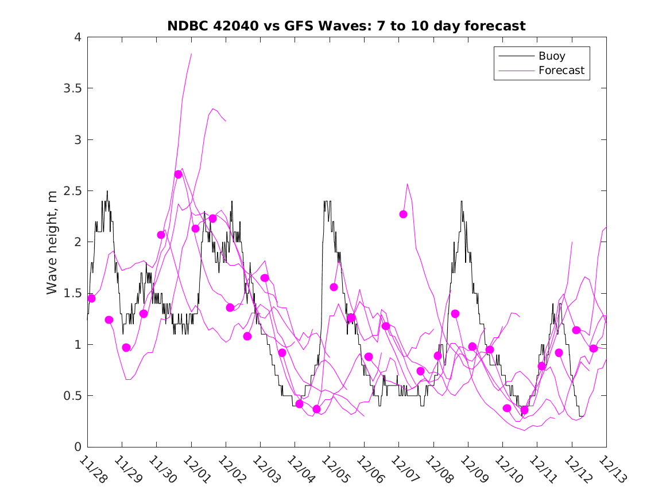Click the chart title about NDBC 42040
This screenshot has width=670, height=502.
coord(346,26)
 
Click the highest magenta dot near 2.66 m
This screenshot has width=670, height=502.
coord(178,174)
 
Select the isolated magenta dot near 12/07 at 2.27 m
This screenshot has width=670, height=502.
coord(403,214)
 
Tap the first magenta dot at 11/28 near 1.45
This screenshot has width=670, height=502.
coord(91,298)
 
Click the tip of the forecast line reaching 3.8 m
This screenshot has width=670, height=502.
coord(191,54)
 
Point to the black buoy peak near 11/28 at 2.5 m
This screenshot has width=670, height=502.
coord(107,192)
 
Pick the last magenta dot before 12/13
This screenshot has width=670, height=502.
coord(594,348)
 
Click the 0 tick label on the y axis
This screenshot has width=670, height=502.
coord(78,447)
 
